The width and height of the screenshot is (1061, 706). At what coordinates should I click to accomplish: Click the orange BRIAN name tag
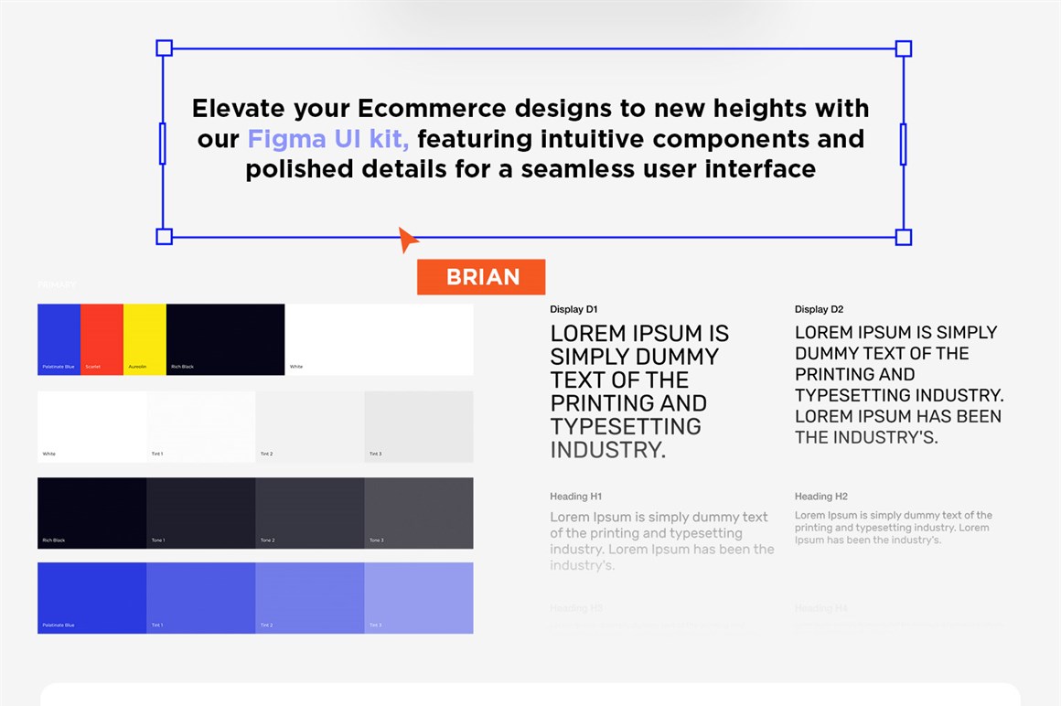(481, 277)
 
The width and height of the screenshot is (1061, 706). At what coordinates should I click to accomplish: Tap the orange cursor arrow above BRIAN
(407, 239)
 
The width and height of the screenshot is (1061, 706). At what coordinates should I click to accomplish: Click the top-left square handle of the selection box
(165, 48)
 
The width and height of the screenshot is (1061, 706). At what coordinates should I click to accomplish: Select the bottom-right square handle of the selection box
(903, 238)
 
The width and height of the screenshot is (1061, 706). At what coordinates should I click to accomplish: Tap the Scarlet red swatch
(102, 339)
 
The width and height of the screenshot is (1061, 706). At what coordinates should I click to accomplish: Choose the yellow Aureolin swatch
(145, 339)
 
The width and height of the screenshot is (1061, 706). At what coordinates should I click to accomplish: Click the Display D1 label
(573, 310)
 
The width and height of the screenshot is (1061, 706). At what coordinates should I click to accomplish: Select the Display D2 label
(819, 310)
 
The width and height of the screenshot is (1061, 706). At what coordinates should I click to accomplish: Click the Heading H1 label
(575, 497)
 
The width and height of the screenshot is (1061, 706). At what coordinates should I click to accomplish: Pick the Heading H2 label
(820, 497)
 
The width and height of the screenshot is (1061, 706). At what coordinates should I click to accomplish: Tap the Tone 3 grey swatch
(419, 513)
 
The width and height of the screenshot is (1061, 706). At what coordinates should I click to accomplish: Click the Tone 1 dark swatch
(201, 513)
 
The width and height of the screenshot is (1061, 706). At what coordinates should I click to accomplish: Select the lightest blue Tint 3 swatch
(419, 598)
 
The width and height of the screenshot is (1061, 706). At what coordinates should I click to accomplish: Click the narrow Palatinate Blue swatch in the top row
(59, 339)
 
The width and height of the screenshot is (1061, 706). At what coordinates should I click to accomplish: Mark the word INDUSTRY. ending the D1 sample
(607, 450)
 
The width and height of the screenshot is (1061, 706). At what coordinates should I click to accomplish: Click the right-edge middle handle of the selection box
(903, 144)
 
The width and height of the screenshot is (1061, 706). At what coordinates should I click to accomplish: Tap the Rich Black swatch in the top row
(225, 339)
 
